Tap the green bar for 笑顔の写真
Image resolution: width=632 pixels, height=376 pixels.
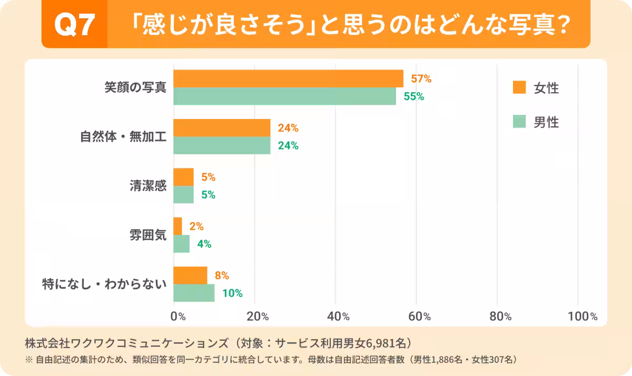[x=284, y=96]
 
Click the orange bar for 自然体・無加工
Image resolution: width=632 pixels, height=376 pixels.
[x=222, y=128]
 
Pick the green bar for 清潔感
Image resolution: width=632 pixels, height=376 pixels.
[x=184, y=195]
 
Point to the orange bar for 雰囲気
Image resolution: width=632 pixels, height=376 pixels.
[x=178, y=226]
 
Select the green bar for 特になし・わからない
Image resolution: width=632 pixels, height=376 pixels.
[x=194, y=293]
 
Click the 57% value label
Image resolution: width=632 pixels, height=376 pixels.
[x=421, y=79]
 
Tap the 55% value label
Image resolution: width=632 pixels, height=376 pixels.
[x=413, y=96]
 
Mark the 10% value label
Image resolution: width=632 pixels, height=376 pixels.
[x=232, y=293]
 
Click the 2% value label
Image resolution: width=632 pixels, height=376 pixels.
[x=196, y=226]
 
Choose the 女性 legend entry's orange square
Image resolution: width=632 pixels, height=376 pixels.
[x=519, y=87]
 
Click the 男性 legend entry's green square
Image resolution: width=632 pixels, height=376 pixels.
[x=519, y=122]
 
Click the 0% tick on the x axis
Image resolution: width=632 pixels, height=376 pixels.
[x=178, y=316]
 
